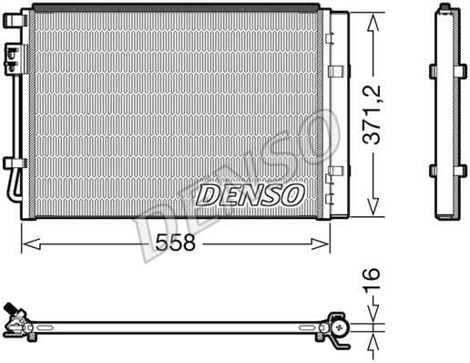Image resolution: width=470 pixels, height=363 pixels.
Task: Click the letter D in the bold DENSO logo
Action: click(208, 194)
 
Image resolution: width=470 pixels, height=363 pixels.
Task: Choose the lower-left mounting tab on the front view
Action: click(12, 164)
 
